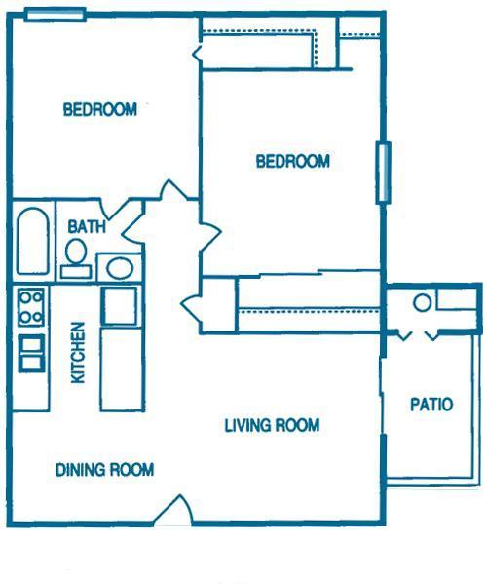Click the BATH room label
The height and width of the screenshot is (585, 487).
[87, 227]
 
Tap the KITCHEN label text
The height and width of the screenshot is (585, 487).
[78, 353]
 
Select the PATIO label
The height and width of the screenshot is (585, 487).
[431, 405]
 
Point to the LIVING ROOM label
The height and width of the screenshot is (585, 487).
[272, 425]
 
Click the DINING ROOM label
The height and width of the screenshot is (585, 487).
[104, 470]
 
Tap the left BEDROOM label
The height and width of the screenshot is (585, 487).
[100, 109]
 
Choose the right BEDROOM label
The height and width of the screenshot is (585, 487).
[293, 161]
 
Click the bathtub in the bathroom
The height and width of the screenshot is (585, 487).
[33, 241]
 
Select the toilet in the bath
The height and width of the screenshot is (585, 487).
[76, 258]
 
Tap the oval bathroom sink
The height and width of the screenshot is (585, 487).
[120, 268]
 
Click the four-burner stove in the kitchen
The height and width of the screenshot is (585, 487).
[31, 307]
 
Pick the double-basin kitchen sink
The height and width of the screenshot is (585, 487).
[32, 353]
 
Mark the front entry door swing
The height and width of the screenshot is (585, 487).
[173, 510]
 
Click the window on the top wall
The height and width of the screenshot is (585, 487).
[56, 15]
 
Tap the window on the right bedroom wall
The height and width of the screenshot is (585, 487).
[383, 173]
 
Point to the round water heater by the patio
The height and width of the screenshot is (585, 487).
[422, 302]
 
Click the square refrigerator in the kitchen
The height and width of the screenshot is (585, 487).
[119, 305]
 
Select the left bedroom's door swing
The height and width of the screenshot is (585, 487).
[172, 190]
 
